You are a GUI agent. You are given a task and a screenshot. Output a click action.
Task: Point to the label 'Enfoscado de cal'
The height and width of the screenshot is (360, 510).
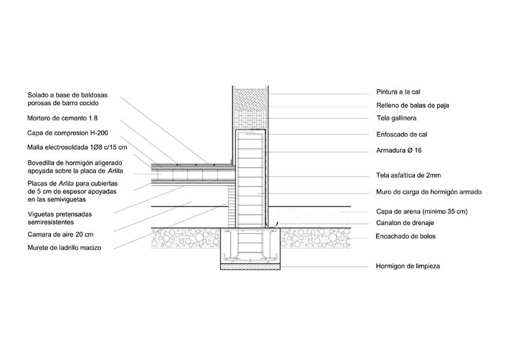(400, 134)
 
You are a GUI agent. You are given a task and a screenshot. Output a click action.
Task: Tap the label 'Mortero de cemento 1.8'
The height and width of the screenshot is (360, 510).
(62, 118)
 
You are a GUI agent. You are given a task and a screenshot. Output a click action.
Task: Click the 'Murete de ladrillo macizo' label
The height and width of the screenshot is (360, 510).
(64, 247)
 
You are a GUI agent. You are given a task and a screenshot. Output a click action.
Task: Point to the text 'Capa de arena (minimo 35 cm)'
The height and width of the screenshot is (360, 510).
(421, 211)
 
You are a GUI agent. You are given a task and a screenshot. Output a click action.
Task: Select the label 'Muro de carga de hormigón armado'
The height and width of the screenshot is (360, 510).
(428, 192)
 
